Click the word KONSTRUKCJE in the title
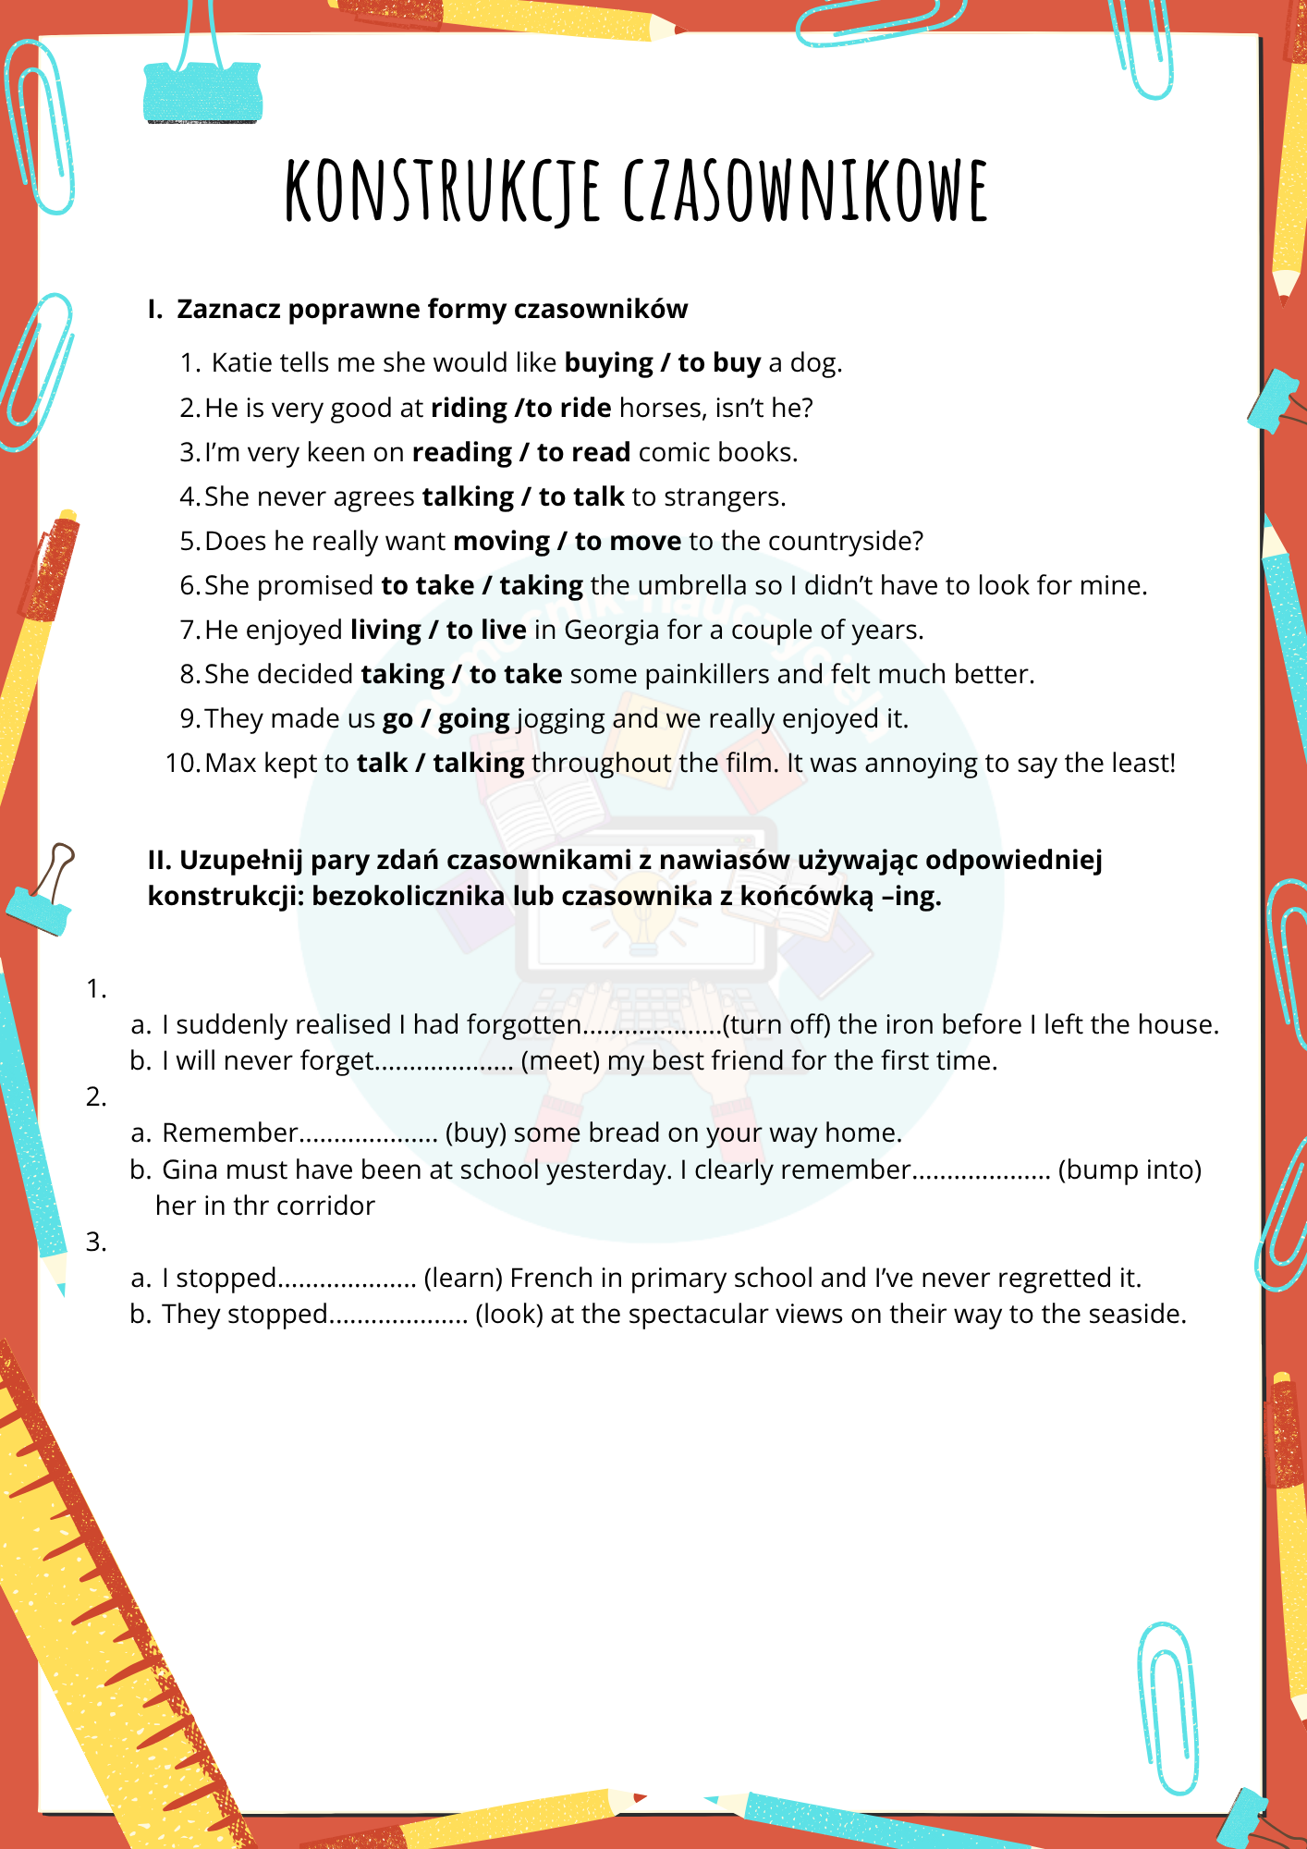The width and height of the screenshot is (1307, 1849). coord(443,191)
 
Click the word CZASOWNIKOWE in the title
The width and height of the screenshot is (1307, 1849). coord(805,191)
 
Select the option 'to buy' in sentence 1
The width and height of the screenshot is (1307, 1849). coord(719,362)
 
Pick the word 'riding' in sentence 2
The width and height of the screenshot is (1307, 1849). coord(469,408)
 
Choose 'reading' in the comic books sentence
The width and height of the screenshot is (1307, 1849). coord(461,452)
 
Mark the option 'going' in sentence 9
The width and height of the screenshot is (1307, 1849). coord(473,718)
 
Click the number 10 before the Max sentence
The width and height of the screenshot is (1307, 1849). coord(182,763)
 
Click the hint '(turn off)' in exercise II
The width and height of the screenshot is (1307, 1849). coord(776,1024)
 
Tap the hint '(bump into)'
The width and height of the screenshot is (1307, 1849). coord(1129,1169)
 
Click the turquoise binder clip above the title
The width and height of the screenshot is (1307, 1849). coord(202,92)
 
